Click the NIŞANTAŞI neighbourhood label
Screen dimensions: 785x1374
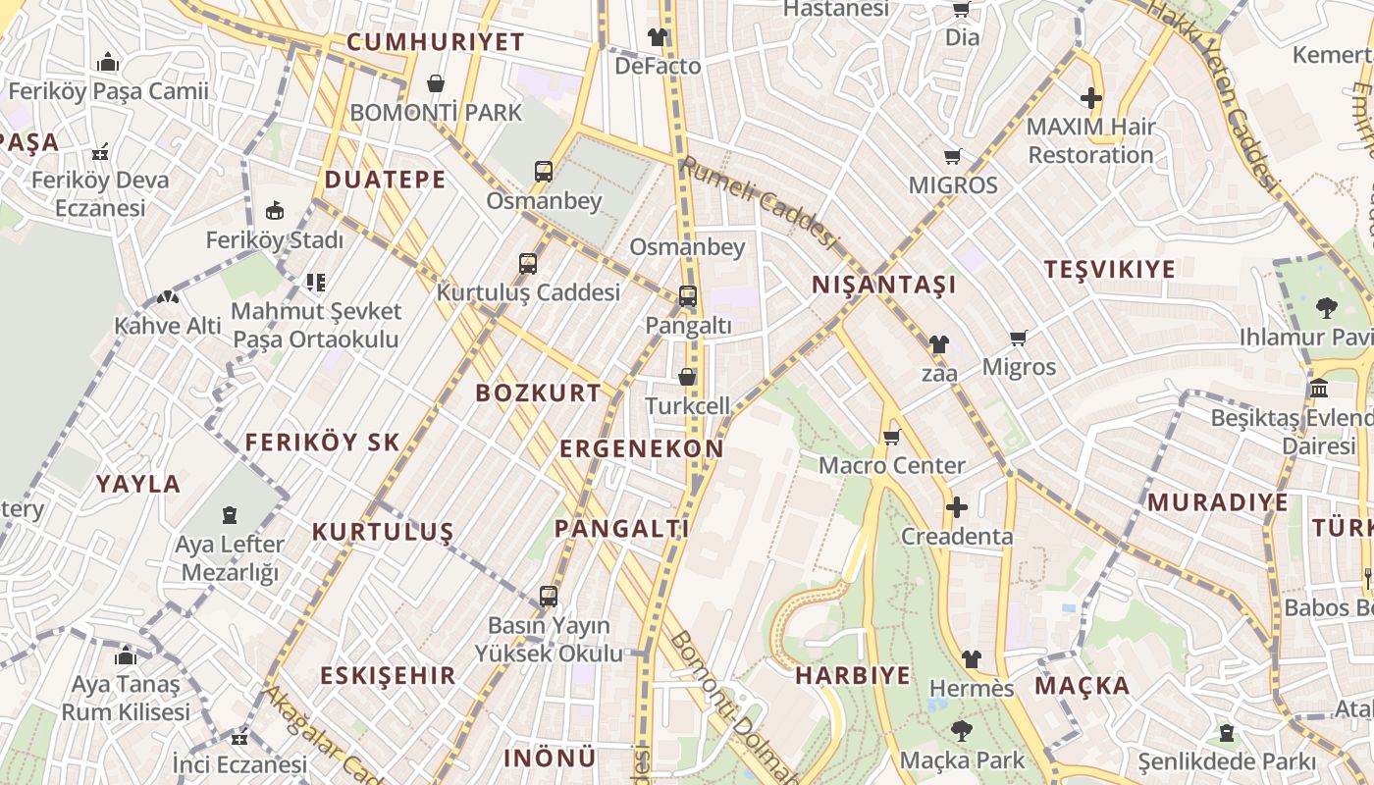pyautogui.click(x=883, y=286)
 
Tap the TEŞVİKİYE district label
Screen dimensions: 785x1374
pyautogui.click(x=1109, y=270)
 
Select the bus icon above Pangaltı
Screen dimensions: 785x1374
pyautogui.click(x=688, y=295)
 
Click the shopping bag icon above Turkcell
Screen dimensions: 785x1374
pyautogui.click(x=687, y=377)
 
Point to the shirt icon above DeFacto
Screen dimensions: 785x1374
pyautogui.click(x=657, y=37)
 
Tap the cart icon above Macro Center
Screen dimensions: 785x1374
pyautogui.click(x=891, y=437)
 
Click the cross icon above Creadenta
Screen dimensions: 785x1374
pyautogui.click(x=956, y=507)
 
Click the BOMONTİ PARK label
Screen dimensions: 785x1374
pyautogui.click(x=436, y=112)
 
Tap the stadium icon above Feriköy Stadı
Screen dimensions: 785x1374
pyautogui.click(x=275, y=211)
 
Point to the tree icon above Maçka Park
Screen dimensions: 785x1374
pyautogui.click(x=961, y=731)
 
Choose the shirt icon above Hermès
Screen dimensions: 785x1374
pyautogui.click(x=971, y=659)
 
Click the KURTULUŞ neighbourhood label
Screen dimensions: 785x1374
pyautogui.click(x=383, y=532)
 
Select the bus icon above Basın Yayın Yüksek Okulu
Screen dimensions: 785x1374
pyautogui.click(x=548, y=596)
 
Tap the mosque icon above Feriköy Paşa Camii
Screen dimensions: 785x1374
pyautogui.click(x=108, y=64)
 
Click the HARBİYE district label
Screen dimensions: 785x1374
pyautogui.click(x=852, y=676)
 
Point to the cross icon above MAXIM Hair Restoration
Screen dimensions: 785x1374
pyautogui.click(x=1090, y=98)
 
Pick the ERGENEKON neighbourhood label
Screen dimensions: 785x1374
pyautogui.click(x=641, y=449)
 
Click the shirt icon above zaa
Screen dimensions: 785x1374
pyautogui.click(x=939, y=344)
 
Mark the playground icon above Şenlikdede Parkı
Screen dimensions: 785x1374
pyautogui.click(x=1226, y=732)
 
